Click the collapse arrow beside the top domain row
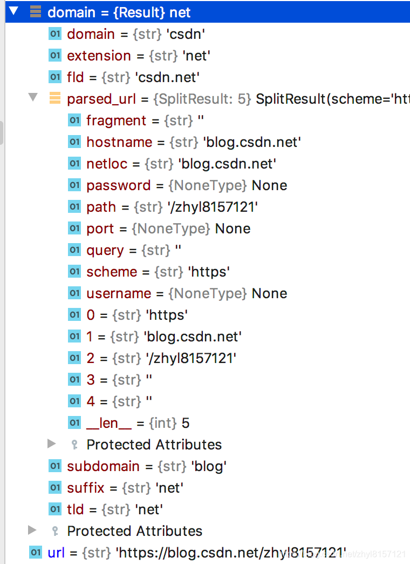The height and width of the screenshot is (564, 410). (13, 12)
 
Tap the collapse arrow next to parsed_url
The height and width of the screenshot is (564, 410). (33, 98)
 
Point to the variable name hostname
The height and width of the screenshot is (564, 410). (119, 142)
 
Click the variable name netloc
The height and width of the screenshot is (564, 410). (107, 164)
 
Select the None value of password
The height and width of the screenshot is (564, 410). (269, 185)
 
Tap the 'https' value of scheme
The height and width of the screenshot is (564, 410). (209, 272)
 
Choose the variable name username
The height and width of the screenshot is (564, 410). (119, 293)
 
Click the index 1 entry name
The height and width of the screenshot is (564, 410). (90, 337)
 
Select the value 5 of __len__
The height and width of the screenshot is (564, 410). (186, 423)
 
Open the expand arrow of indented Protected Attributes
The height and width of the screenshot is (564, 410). (52, 444)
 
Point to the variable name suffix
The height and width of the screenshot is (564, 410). (85, 488)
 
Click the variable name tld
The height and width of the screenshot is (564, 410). (76, 509)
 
